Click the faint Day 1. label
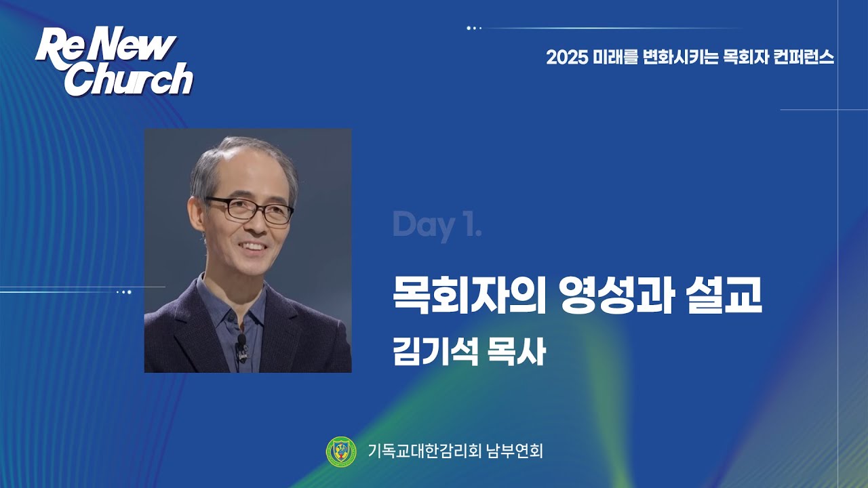pyautogui.click(x=437, y=226)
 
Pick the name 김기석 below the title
pyautogui.click(x=431, y=353)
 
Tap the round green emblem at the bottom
pyautogui.click(x=341, y=451)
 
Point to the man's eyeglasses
pyautogui.click(x=251, y=209)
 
